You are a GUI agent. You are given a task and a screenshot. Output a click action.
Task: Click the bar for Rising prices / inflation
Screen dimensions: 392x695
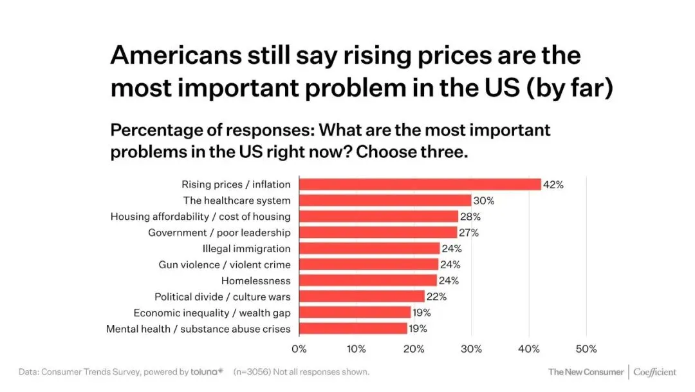[420, 184]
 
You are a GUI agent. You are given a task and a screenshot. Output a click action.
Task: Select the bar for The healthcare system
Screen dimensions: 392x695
[385, 201]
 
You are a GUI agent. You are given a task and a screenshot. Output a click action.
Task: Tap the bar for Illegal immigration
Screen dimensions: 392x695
[369, 248]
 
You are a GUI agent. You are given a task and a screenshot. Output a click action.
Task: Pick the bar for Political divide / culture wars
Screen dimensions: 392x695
[362, 297]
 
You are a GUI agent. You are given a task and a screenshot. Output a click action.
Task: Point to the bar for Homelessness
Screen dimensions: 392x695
[368, 280]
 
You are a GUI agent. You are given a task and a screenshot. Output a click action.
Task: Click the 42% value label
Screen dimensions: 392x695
[553, 184]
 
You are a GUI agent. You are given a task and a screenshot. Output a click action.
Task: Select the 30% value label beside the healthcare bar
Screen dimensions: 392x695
[483, 201]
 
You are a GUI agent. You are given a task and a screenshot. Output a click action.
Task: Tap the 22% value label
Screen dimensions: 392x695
[437, 297]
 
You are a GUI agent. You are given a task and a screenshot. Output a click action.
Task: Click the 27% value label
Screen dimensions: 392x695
[469, 233]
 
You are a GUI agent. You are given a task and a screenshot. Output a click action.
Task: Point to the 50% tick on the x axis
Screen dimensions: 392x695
[586, 349]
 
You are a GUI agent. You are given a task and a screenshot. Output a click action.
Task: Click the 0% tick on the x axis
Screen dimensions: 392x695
[299, 349]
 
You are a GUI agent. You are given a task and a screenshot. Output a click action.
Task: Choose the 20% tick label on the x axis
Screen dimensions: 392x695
[414, 349]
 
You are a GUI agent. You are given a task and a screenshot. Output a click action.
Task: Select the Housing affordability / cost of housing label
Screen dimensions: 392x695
[200, 217]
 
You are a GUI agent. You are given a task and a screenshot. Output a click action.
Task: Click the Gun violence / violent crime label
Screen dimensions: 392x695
[225, 264]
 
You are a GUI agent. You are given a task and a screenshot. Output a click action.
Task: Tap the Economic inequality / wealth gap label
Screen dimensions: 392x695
[212, 313]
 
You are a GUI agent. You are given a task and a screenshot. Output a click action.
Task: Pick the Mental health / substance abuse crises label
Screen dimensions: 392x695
[198, 329]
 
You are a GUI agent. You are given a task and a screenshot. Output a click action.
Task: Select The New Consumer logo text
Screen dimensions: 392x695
[586, 372]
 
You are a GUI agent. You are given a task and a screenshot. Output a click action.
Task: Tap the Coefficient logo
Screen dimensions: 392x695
[654, 372]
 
